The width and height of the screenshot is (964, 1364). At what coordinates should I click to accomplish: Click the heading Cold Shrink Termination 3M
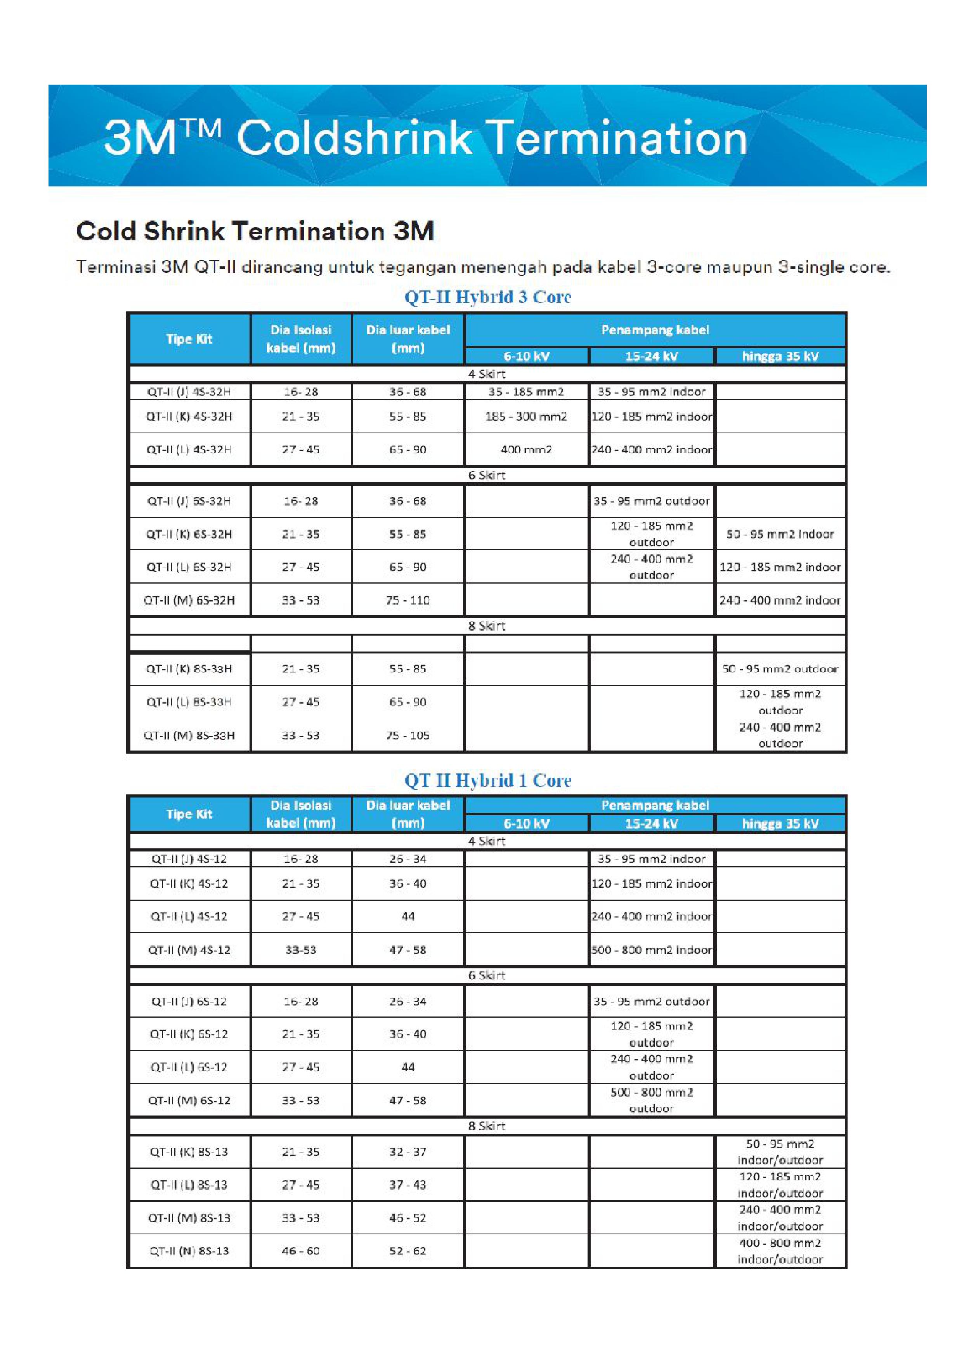[255, 231]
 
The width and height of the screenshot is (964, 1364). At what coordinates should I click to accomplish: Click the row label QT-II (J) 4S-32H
[189, 391]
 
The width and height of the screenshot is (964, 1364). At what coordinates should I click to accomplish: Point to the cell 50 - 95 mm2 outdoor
[780, 669]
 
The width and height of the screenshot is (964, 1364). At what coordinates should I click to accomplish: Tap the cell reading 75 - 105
[407, 735]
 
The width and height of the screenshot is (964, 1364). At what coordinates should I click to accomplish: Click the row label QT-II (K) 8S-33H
[189, 669]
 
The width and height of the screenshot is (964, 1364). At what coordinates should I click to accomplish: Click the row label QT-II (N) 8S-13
[189, 1251]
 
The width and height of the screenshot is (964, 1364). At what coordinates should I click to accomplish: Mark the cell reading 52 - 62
[407, 1251]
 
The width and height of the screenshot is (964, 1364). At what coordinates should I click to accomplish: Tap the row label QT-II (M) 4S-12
[189, 950]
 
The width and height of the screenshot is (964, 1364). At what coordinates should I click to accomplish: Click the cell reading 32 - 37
[407, 1152]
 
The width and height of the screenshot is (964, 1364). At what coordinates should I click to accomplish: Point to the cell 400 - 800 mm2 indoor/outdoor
[780, 1251]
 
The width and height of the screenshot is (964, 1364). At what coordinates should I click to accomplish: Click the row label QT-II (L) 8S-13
[189, 1185]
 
